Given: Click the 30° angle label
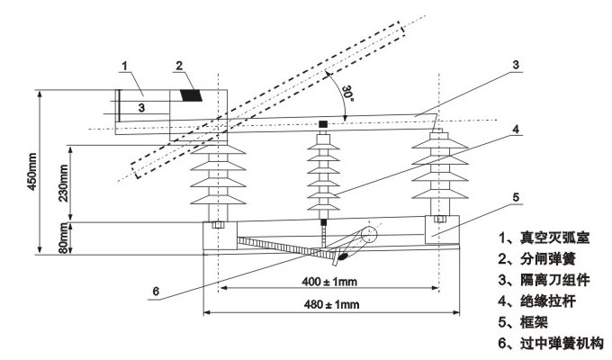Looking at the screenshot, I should coord(342,92).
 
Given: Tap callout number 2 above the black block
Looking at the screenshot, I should coord(180,65).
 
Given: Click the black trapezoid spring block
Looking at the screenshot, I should coord(191,94).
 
